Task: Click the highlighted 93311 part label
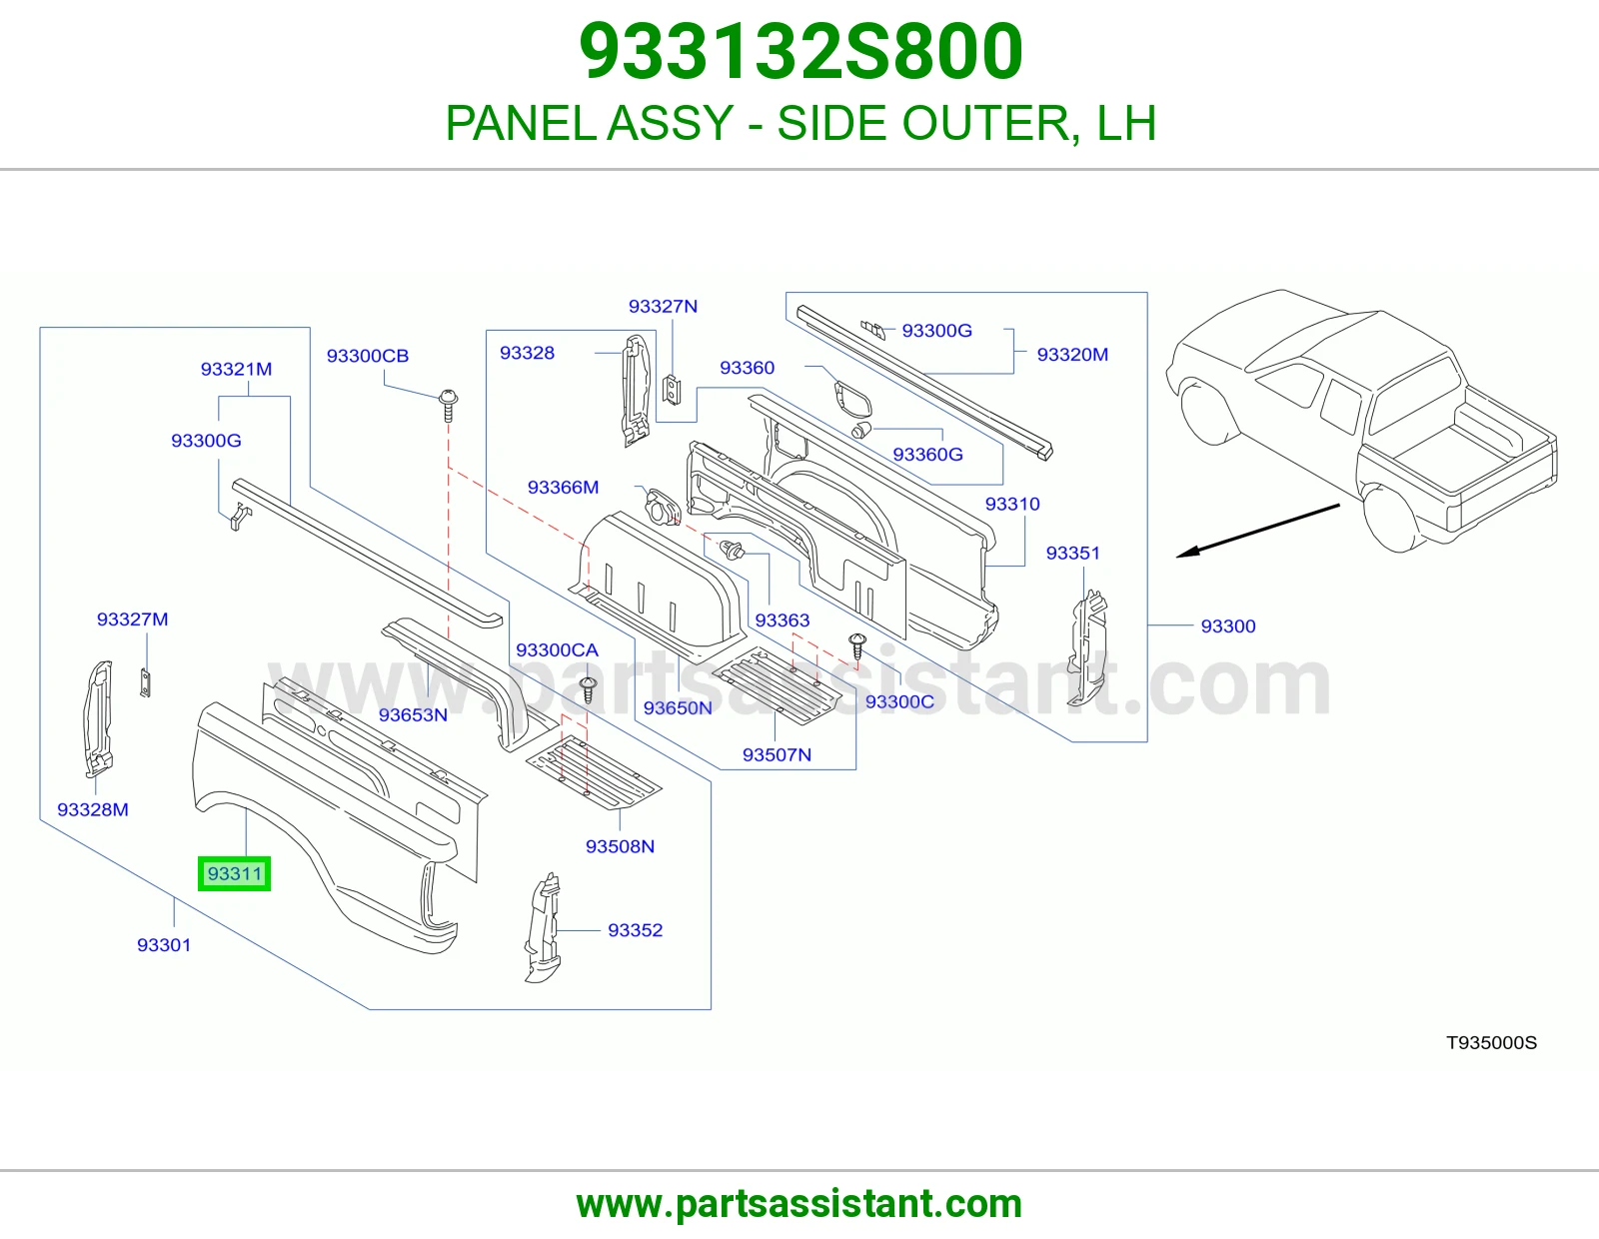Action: (x=234, y=873)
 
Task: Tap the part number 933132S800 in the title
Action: (x=800, y=51)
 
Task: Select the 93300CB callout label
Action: (x=367, y=356)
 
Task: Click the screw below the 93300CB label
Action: (x=448, y=405)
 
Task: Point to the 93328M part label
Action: (x=93, y=809)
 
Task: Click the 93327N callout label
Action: (x=663, y=306)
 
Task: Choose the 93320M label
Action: (x=1072, y=355)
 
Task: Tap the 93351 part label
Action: (x=1073, y=554)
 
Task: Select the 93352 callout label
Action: (x=635, y=930)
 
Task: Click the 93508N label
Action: (x=620, y=846)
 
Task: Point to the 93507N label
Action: (x=777, y=754)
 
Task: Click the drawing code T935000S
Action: (x=1491, y=1042)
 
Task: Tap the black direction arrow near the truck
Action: (x=1257, y=531)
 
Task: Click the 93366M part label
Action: (x=563, y=487)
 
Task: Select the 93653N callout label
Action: (x=413, y=714)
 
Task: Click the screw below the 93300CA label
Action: (x=588, y=689)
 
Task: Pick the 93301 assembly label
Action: (x=164, y=944)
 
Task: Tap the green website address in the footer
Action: (x=799, y=1204)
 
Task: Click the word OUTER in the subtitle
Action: (x=986, y=123)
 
